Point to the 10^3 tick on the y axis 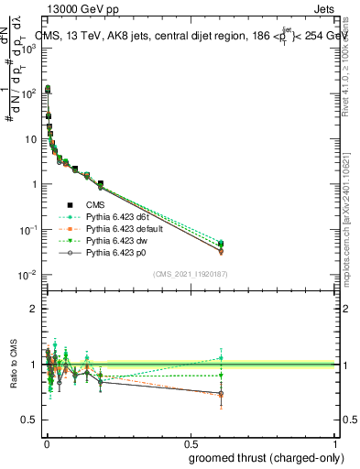[27, 49]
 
